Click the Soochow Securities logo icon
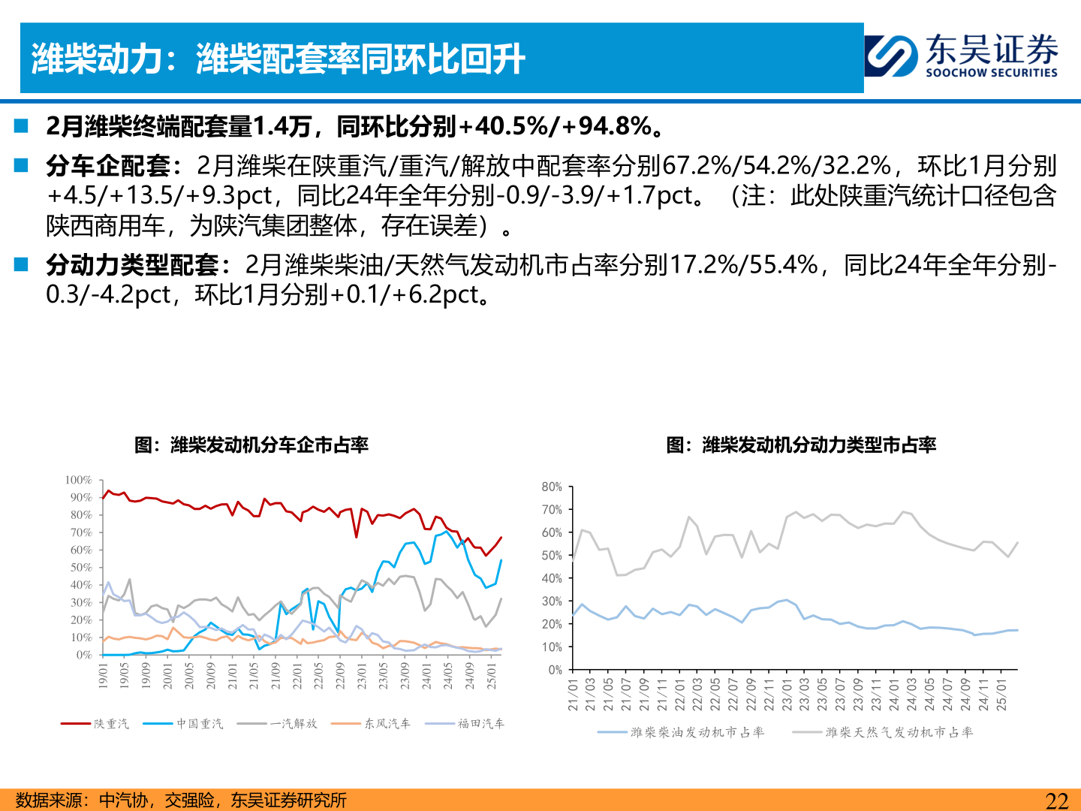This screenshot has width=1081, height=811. [891, 56]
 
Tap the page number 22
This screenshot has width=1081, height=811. [1056, 800]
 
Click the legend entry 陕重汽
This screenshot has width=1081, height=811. [111, 724]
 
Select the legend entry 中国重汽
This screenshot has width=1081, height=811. [200, 724]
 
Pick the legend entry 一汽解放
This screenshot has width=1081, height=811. [294, 724]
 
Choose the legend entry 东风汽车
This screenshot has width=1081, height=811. [387, 724]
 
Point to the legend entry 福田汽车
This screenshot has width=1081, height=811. [481, 724]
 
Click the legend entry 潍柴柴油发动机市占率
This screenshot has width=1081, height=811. [697, 732]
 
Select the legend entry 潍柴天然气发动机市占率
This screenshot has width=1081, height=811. [899, 732]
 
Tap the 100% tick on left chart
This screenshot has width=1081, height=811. [78, 480]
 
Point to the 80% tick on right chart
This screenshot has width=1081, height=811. [552, 487]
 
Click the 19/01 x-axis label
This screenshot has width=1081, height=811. [104, 675]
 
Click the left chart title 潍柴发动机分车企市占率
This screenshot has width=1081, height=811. [251, 445]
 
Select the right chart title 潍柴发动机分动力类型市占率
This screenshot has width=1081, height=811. [801, 445]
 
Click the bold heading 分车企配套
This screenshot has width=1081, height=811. [108, 165]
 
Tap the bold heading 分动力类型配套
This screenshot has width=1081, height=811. [132, 264]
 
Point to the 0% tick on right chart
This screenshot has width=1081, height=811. [555, 670]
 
